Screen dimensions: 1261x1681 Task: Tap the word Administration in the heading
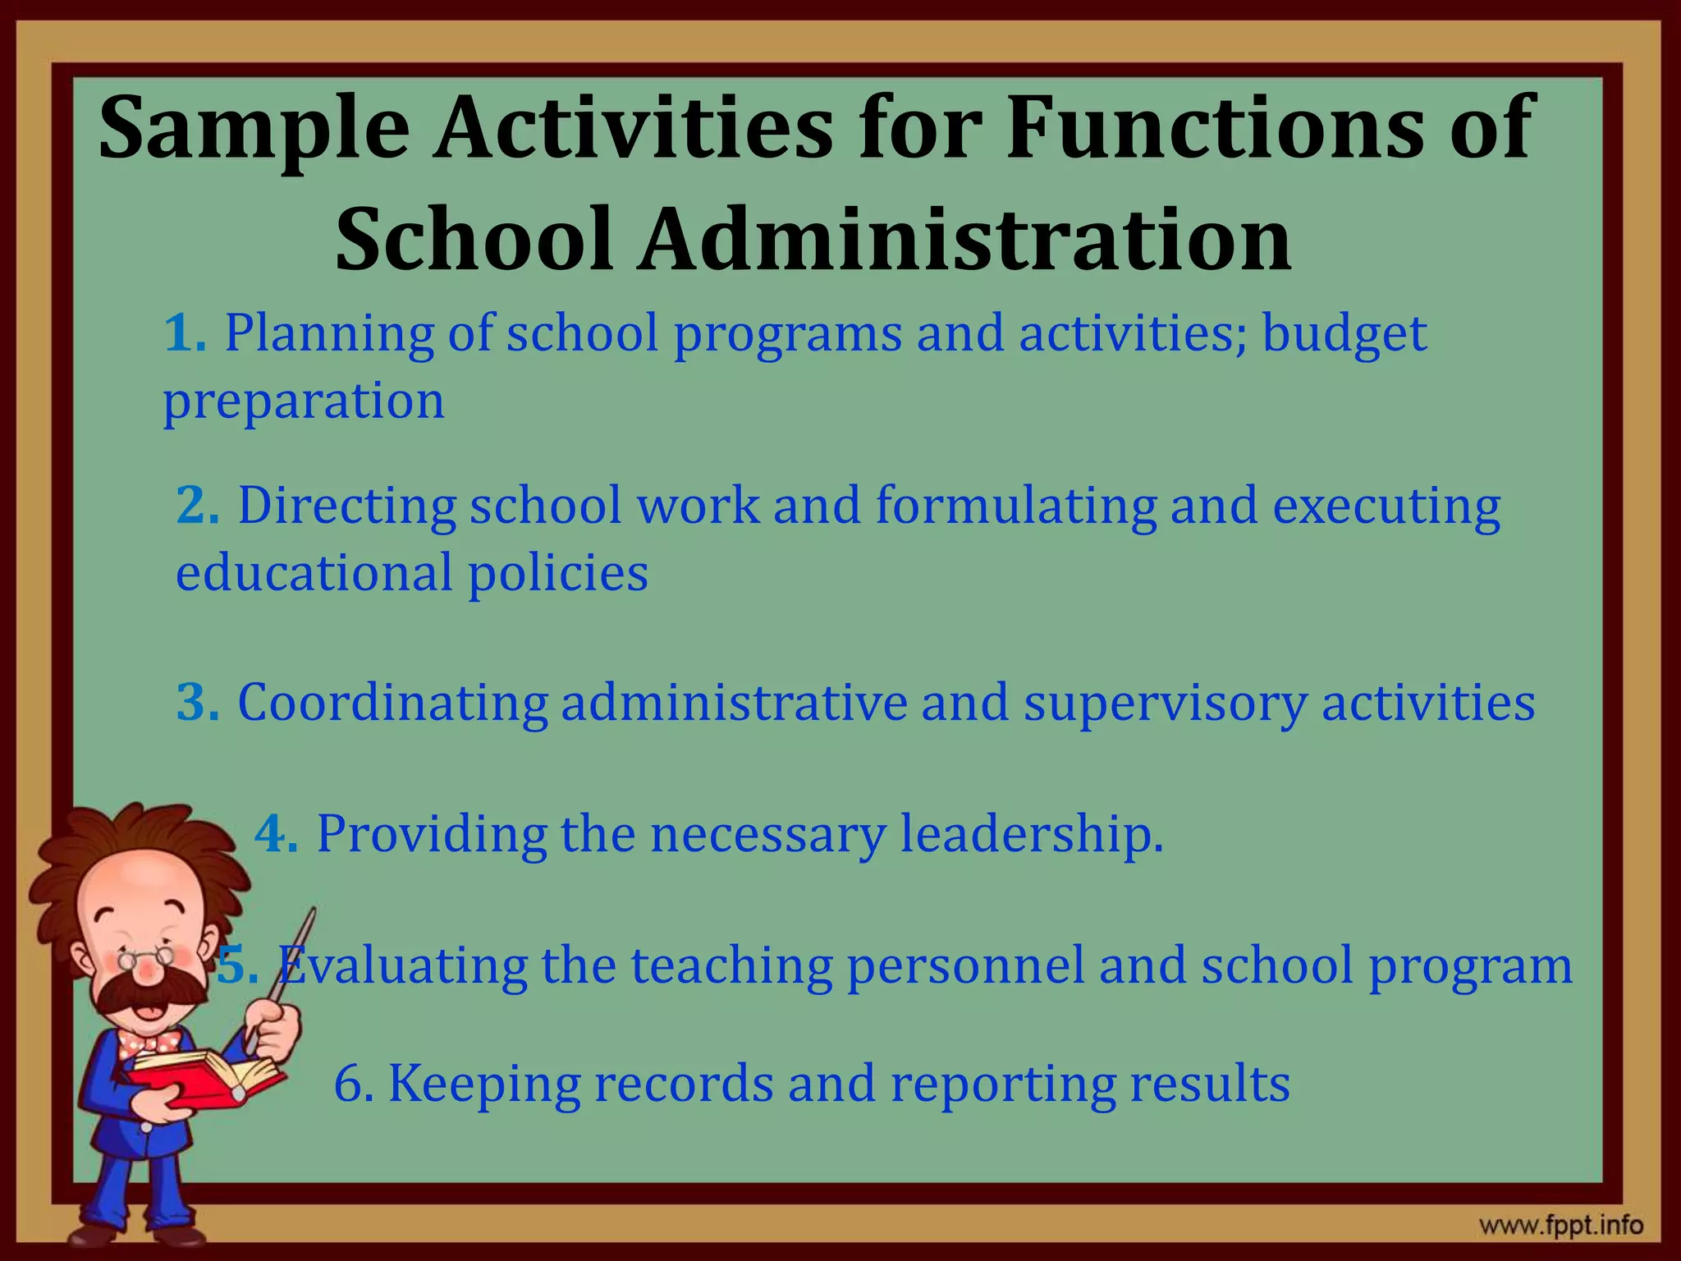click(965, 239)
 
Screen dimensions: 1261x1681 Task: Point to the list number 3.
click(198, 703)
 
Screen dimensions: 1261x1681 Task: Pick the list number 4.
click(276, 834)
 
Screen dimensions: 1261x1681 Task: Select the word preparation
click(304, 401)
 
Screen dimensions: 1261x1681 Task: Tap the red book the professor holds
click(205, 1080)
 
